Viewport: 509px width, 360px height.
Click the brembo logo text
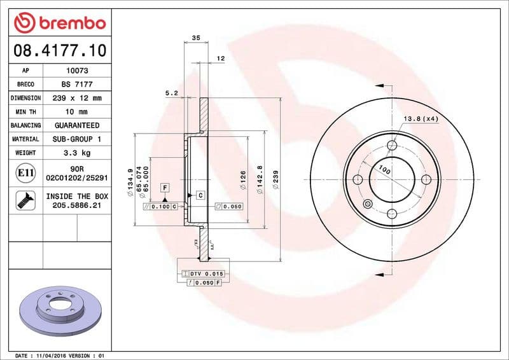[68, 24]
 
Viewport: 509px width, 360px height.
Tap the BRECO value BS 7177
[76, 85]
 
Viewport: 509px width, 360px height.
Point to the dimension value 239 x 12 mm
[76, 99]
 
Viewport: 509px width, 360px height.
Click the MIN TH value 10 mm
[76, 112]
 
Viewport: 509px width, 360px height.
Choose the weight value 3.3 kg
[76, 153]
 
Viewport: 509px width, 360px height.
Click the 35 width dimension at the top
[195, 38]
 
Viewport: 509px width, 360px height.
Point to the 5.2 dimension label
[171, 93]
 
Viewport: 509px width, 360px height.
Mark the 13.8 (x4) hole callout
[421, 119]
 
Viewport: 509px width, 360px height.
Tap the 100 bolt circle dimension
[384, 170]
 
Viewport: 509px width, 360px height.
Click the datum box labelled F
[164, 188]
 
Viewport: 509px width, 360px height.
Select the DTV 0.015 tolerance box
[204, 273]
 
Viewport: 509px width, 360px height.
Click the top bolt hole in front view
[392, 146]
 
